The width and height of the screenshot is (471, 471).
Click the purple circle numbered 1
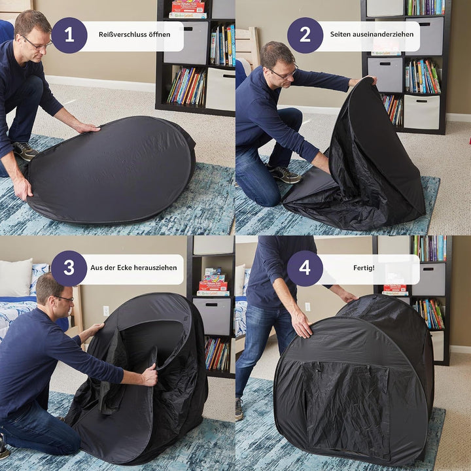(x=69, y=35)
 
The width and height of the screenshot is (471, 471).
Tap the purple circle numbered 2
(x=305, y=35)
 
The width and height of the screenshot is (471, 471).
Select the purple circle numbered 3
(x=69, y=268)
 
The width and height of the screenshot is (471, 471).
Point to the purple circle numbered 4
(x=305, y=268)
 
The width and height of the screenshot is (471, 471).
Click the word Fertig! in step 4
(x=364, y=268)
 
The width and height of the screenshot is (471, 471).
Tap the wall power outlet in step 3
(x=106, y=311)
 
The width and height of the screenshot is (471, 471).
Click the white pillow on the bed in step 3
(x=16, y=277)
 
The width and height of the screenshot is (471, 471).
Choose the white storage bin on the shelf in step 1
(x=220, y=89)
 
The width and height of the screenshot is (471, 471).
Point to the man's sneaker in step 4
(x=239, y=409)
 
